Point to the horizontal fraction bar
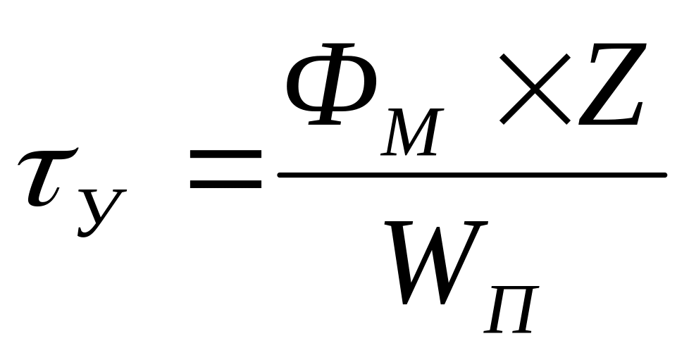click(472, 175)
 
